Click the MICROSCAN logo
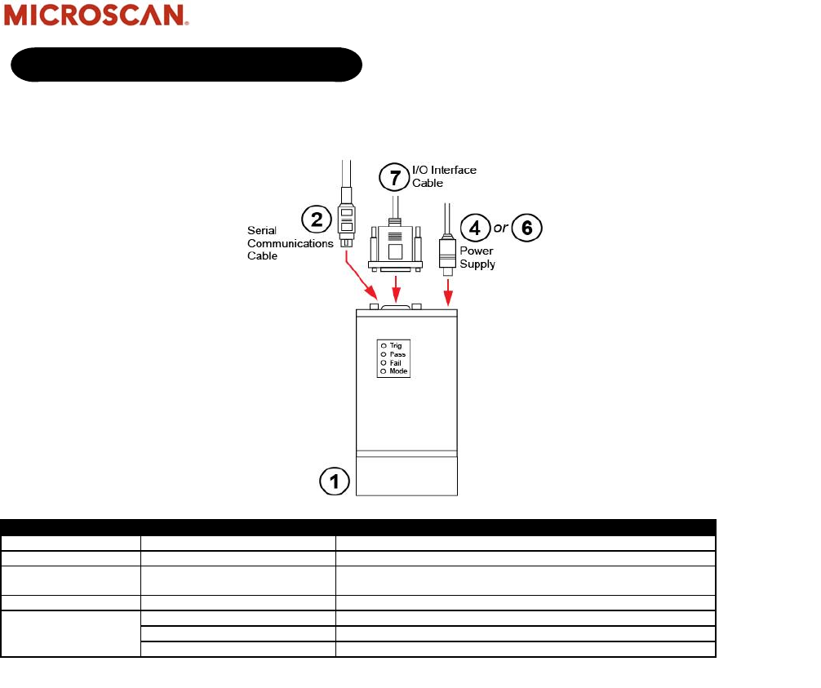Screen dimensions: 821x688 pyautogui.click(x=97, y=17)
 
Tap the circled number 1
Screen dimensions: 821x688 pyautogui.click(x=334, y=482)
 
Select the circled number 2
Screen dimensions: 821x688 pyautogui.click(x=315, y=218)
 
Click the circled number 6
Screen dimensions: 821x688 pyautogui.click(x=526, y=228)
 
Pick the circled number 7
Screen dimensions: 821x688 pyautogui.click(x=395, y=177)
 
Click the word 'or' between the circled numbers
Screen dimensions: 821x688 pyautogui.click(x=500, y=228)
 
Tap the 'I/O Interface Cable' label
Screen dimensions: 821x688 pyautogui.click(x=444, y=176)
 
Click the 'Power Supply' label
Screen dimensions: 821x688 pyautogui.click(x=477, y=258)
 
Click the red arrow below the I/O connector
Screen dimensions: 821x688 pyautogui.click(x=396, y=287)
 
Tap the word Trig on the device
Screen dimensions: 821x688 pyautogui.click(x=396, y=346)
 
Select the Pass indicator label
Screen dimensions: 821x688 pyautogui.click(x=397, y=355)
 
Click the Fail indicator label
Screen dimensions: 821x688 pyautogui.click(x=396, y=363)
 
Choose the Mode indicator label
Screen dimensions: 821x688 pyautogui.click(x=398, y=371)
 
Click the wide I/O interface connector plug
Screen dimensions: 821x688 pyautogui.click(x=396, y=245)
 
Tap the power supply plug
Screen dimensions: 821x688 pyautogui.click(x=447, y=249)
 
